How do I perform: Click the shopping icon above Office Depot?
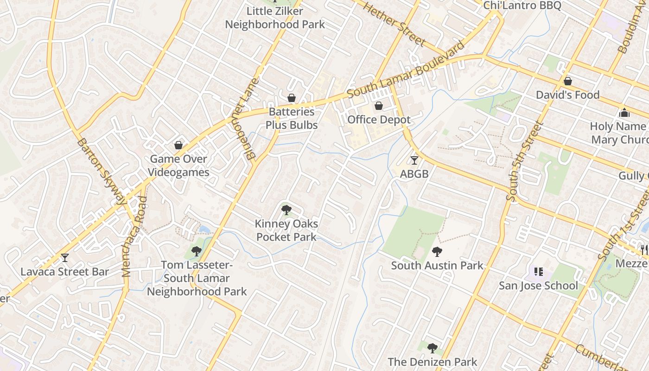point(379,106)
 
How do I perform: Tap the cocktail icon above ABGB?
point(414,160)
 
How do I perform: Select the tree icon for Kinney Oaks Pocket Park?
point(286,210)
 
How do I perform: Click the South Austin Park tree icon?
point(437,252)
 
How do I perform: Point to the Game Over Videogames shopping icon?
point(178,145)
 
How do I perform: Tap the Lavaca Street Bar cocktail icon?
point(65,258)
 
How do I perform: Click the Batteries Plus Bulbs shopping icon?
point(292,98)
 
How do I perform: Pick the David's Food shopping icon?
point(567,82)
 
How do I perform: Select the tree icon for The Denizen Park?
point(432,348)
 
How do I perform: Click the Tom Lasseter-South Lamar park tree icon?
point(197,251)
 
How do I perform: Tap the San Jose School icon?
point(538,271)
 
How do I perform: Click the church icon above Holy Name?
point(624,113)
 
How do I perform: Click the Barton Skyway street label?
point(102,171)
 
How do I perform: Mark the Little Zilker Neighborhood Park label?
point(275,18)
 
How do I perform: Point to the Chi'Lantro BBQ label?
point(522,5)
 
